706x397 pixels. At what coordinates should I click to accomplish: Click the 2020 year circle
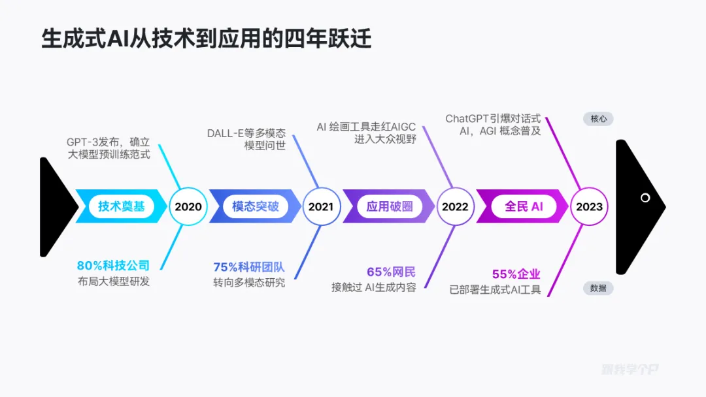[188, 207]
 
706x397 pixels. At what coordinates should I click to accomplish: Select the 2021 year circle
[321, 207]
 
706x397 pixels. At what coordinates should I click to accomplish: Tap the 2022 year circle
[455, 207]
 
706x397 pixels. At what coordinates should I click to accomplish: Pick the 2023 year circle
[589, 207]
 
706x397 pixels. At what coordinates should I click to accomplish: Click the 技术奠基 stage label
[122, 206]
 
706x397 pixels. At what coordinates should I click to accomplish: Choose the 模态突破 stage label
[256, 206]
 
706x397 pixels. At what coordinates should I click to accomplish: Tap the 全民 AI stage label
[524, 206]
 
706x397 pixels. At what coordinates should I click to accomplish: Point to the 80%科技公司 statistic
[113, 266]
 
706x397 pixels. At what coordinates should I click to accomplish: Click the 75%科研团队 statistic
[249, 267]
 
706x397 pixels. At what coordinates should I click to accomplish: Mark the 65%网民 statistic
[391, 272]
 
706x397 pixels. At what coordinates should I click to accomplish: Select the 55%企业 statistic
[516, 274]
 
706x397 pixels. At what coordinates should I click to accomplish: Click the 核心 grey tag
[598, 119]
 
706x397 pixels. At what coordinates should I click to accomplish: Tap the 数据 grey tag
[598, 288]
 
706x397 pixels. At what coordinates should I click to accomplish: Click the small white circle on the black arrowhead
[645, 198]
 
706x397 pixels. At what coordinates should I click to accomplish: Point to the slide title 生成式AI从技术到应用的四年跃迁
[207, 39]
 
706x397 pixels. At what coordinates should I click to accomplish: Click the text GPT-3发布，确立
[109, 142]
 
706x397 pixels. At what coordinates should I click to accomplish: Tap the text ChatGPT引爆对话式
[493, 118]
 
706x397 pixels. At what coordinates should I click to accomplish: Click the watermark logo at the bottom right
[630, 370]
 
